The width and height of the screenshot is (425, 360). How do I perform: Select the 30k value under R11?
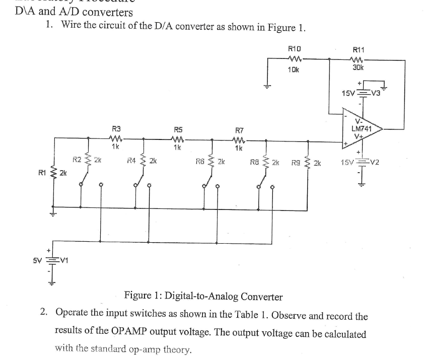359,67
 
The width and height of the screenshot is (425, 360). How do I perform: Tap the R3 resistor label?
116,129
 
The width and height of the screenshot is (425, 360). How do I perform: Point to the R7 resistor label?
240,130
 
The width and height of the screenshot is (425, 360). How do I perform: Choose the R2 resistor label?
77,160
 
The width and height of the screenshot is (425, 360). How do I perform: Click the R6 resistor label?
200,162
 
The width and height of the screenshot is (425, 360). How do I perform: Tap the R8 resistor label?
255,163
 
